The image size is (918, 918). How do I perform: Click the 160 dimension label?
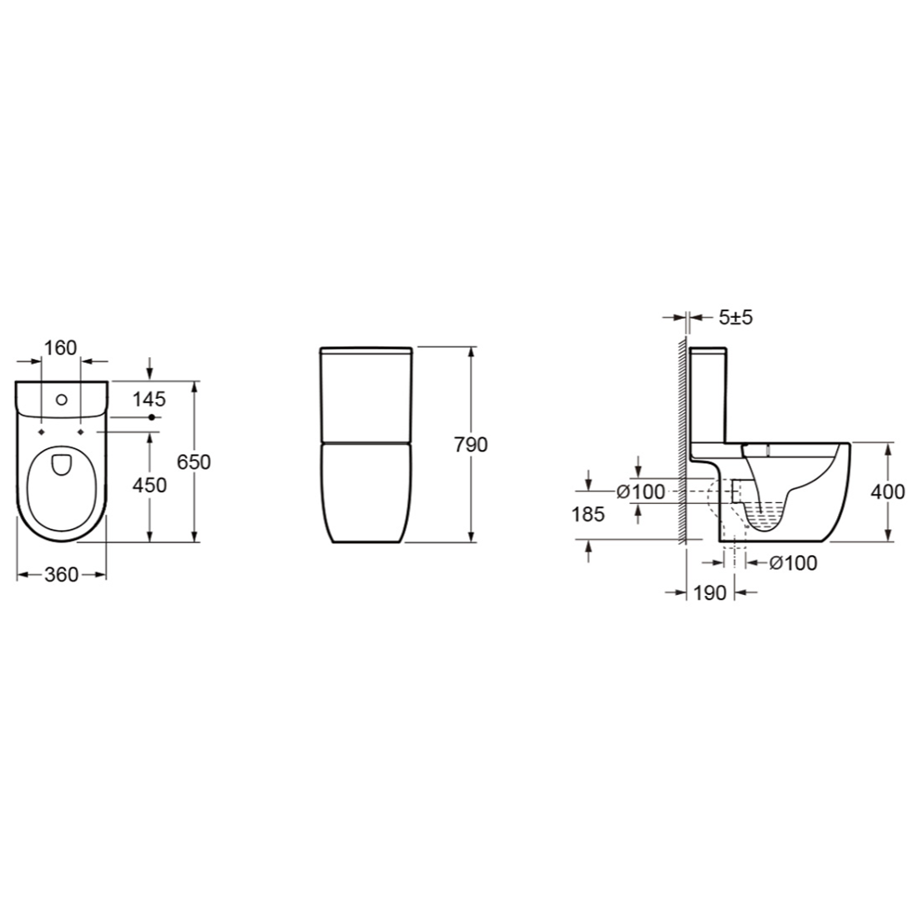(x=60, y=348)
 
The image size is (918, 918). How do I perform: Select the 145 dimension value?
(x=149, y=399)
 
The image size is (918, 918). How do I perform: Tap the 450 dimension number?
(x=150, y=485)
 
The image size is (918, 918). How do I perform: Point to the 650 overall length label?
(x=194, y=462)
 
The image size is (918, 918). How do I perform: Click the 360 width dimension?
(x=61, y=575)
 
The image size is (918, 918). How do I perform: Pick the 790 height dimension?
(x=471, y=445)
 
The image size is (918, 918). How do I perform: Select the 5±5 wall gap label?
(x=735, y=317)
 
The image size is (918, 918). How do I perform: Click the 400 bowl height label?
(x=888, y=492)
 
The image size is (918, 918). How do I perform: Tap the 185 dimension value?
(x=588, y=514)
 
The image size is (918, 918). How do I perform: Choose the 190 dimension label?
(x=709, y=593)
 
